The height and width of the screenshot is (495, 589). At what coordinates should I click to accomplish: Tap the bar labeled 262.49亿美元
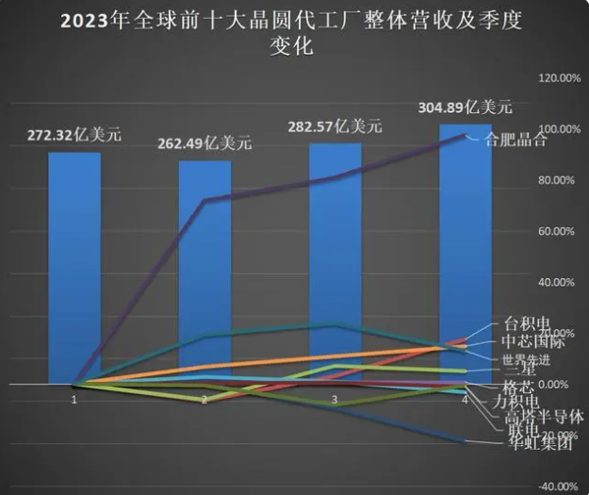coord(205,273)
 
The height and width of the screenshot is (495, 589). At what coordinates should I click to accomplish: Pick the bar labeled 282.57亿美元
coord(335,264)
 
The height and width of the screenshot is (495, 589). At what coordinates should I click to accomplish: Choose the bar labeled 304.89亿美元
coord(466,255)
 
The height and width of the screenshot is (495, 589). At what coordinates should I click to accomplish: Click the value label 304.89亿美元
coord(466,105)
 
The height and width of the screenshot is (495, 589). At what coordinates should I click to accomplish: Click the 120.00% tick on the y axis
coord(556,78)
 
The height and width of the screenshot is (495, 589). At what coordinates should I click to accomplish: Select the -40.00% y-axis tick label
coord(556,487)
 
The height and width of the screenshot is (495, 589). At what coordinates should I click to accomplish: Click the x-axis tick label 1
coord(74,400)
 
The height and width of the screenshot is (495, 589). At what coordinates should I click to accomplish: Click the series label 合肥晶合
coord(515,141)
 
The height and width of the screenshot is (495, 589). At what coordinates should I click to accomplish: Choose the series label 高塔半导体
coord(545,416)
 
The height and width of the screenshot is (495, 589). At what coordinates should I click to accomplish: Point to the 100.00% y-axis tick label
coord(556,129)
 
